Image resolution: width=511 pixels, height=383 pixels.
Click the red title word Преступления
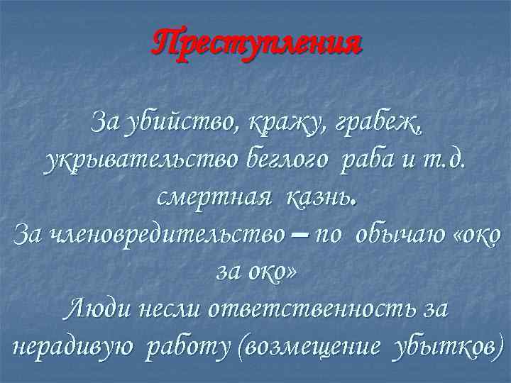[256, 44]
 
